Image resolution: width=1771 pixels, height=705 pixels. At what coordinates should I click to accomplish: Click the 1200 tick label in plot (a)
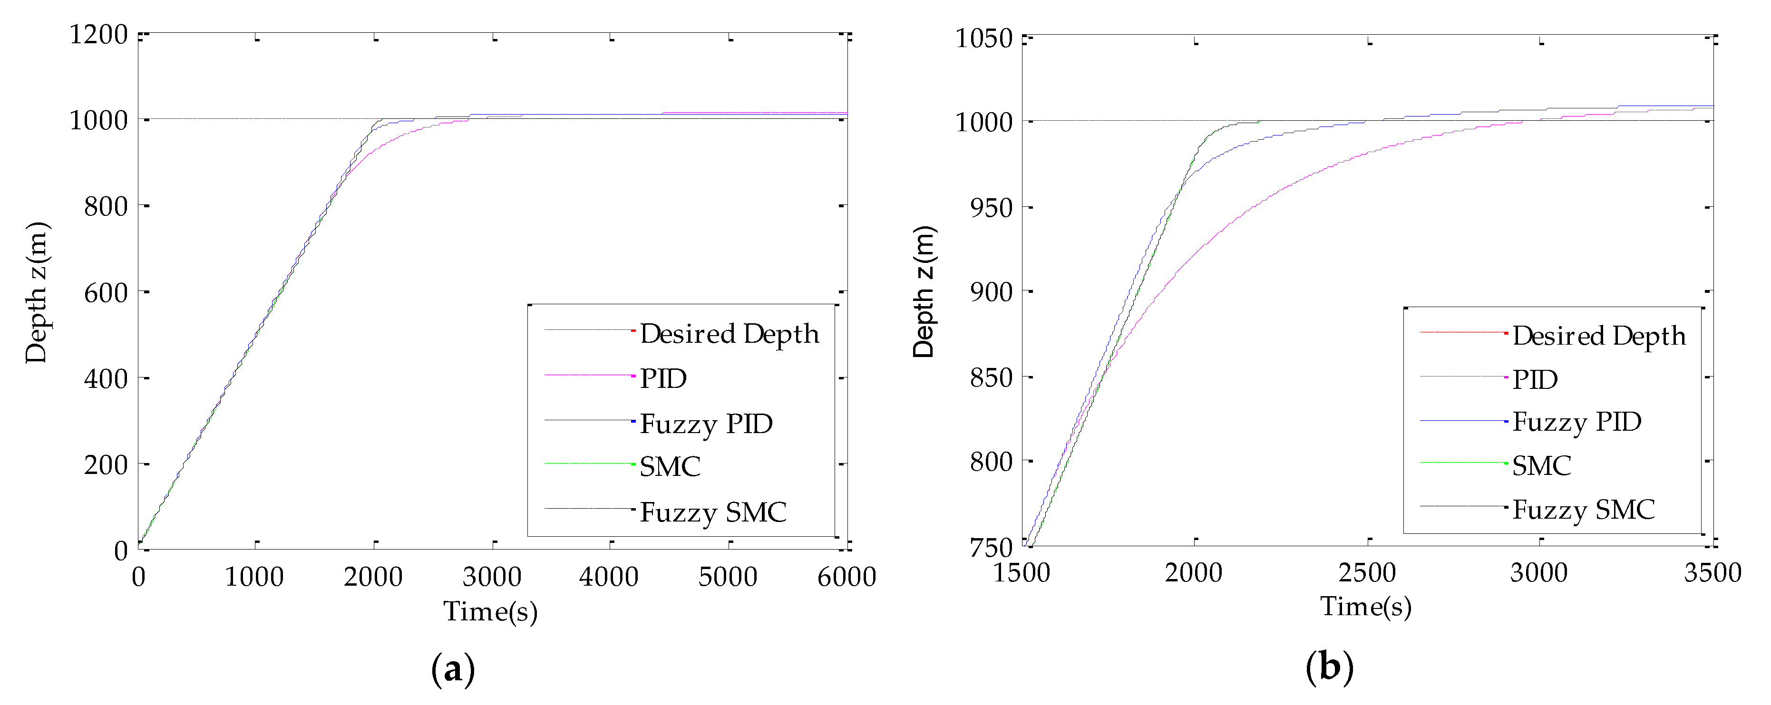98,34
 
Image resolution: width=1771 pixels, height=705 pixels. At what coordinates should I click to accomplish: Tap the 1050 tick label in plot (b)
984,39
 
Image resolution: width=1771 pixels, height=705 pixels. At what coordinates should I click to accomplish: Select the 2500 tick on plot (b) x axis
1367,572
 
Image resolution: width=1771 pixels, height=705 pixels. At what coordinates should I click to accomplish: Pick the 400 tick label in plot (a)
106,378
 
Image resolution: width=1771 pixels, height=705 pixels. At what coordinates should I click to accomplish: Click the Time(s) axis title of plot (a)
490,611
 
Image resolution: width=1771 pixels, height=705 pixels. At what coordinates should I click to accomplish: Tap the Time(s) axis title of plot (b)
1365,606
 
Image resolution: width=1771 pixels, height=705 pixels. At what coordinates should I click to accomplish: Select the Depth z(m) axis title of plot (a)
37,293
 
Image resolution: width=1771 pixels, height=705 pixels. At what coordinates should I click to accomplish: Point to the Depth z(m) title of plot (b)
924,291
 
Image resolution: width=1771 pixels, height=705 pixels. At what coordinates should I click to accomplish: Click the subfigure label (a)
453,668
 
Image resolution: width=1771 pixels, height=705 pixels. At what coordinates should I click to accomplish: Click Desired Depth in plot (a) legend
730,334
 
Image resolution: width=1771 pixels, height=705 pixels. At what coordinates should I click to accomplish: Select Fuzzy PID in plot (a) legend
706,424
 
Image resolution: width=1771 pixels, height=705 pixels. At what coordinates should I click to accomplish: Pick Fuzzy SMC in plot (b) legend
1583,510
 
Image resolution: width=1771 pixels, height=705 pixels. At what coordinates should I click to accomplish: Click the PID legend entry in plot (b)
1535,379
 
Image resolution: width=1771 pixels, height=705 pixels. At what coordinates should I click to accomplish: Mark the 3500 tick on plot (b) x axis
1712,572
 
